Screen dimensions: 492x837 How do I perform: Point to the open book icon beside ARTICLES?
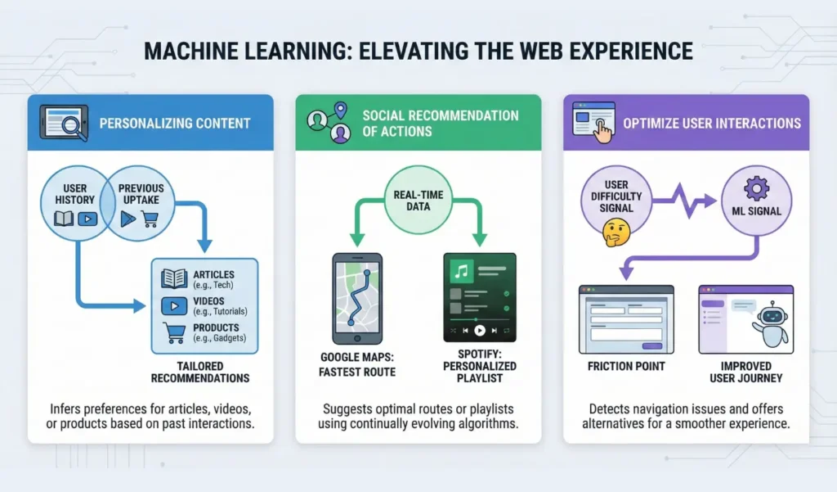coord(174,278)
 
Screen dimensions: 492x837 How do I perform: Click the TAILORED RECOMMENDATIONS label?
coord(200,372)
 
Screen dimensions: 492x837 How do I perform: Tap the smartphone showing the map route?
coord(357,298)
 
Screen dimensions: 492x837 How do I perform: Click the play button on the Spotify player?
coord(480,331)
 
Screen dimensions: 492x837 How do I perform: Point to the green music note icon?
coord(460,270)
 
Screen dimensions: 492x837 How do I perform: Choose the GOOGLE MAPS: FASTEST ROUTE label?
coord(358,366)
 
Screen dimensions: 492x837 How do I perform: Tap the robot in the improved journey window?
coord(770,322)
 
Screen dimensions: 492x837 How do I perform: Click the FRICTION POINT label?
coord(626,366)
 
